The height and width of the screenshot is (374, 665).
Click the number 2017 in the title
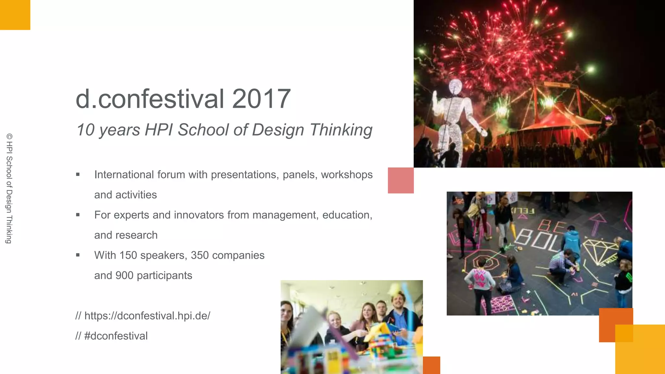[x=261, y=99]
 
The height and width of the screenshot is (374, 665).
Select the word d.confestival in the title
[x=150, y=99]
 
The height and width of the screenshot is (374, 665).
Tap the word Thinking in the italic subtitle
[x=341, y=130]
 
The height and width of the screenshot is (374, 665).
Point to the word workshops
[x=347, y=175]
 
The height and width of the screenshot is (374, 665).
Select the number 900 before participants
[x=124, y=276]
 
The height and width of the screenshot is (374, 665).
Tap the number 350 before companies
[x=200, y=255]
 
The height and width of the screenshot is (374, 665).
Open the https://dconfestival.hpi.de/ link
[x=147, y=316]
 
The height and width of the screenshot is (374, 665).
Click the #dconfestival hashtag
[x=116, y=336]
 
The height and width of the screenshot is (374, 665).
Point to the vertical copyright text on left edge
[x=9, y=188]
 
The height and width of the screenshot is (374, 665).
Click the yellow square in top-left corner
[x=15, y=15]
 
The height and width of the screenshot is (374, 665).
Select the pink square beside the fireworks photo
[x=401, y=180]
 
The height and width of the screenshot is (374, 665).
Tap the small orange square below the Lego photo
[x=431, y=365]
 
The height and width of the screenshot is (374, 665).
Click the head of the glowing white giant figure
[x=456, y=86]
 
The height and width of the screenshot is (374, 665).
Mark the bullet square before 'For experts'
[x=78, y=215]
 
